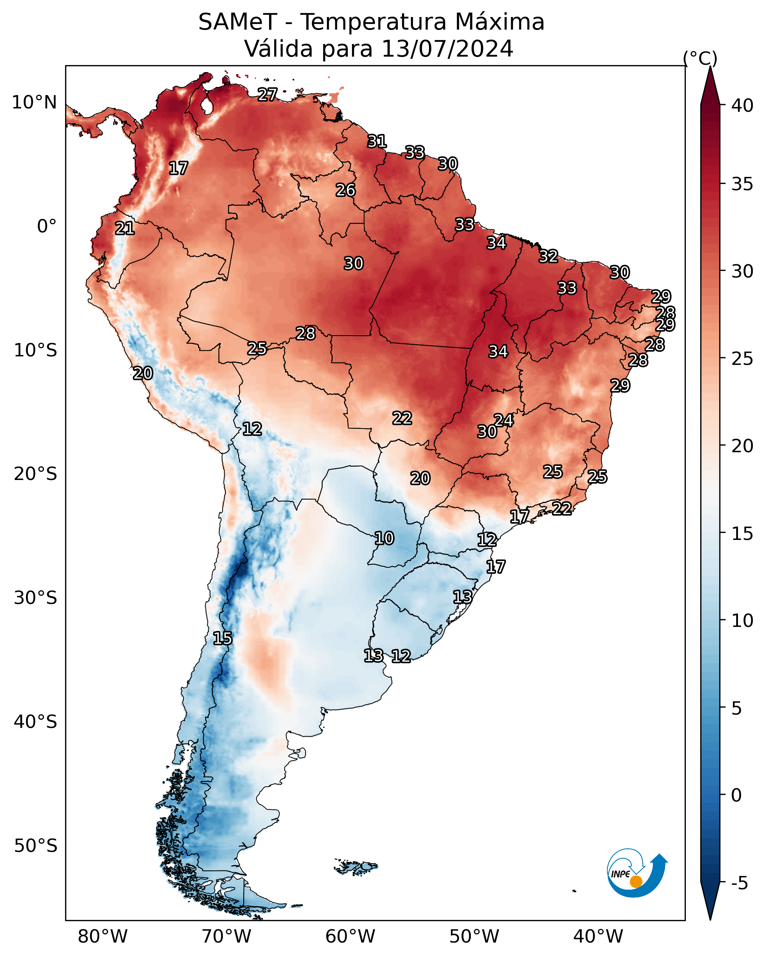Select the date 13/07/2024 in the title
pos(447,49)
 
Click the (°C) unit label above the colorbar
pos(700,58)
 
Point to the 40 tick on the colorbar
pos(743,105)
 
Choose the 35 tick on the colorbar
pos(743,184)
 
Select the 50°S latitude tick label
pos(36,846)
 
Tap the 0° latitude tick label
pos(47,226)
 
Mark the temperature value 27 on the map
pos(268,94)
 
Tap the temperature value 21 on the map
pos(125,229)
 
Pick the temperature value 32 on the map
pos(548,256)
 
